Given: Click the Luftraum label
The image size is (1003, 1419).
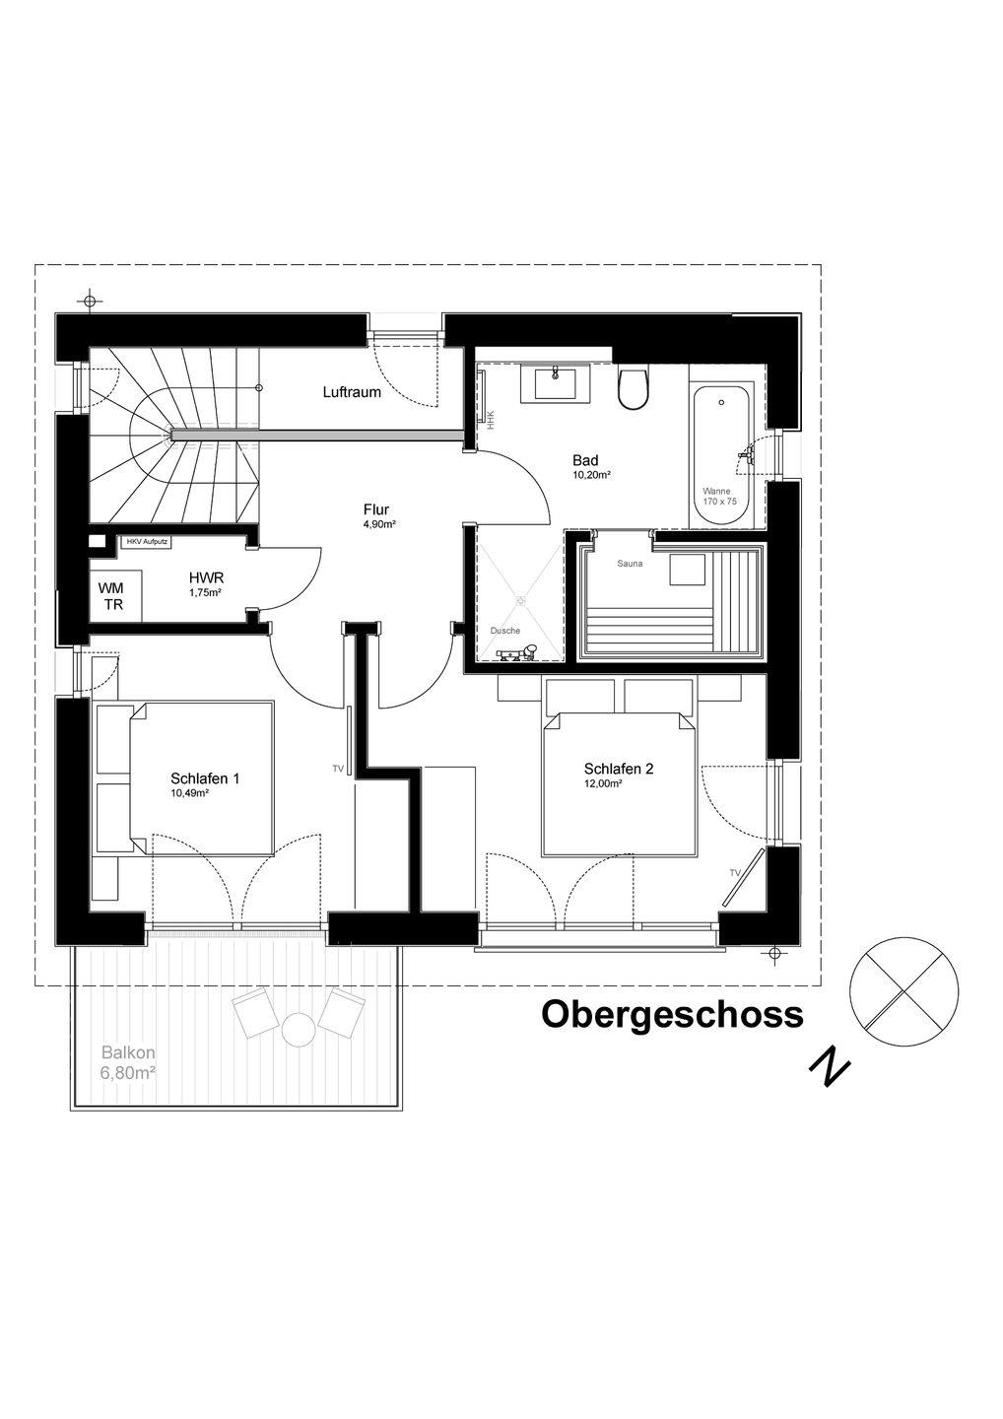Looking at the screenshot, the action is pyautogui.click(x=352, y=392).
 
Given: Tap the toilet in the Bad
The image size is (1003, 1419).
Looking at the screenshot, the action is pyautogui.click(x=634, y=387).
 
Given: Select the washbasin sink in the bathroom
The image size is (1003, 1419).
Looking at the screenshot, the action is pyautogui.click(x=556, y=383).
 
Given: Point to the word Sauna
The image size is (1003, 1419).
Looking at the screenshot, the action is pyautogui.click(x=630, y=564).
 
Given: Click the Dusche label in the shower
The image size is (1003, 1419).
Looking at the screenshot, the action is pyautogui.click(x=505, y=631).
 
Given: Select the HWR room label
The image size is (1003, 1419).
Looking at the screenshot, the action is pyautogui.click(x=207, y=577).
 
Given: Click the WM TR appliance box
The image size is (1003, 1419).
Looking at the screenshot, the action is pyautogui.click(x=114, y=595).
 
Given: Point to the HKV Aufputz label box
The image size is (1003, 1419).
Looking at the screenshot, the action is pyautogui.click(x=146, y=542).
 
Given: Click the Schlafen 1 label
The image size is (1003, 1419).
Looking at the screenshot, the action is pyautogui.click(x=205, y=778).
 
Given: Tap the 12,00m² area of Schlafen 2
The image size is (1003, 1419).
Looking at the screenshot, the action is pyautogui.click(x=603, y=783).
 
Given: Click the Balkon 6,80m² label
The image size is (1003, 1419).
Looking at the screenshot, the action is pyautogui.click(x=128, y=1063).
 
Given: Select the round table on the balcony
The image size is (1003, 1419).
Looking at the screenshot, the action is pyautogui.click(x=299, y=1030).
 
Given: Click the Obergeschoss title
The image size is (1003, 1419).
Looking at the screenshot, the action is pyautogui.click(x=673, y=1014).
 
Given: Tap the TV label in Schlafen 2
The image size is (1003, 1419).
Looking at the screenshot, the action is pyautogui.click(x=735, y=873).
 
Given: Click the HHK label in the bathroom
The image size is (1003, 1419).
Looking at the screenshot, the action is pyautogui.click(x=490, y=420).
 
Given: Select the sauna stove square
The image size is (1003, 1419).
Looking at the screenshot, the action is pyautogui.click(x=688, y=570).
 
